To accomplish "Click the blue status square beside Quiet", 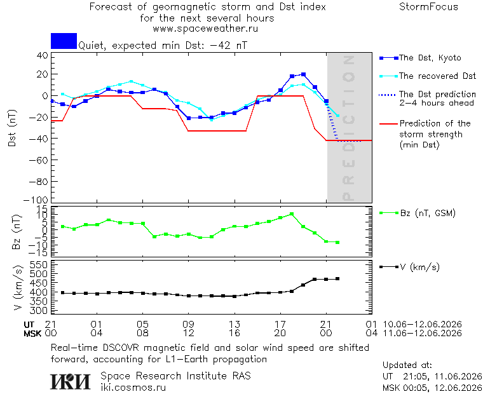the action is [64, 41].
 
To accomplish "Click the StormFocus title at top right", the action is [428, 7].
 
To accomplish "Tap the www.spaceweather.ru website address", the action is [205, 29].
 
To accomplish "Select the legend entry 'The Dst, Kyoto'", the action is [421, 58].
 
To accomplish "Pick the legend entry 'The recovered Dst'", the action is [428, 76].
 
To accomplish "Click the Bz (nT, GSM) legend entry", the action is [418, 213].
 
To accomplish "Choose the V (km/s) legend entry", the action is [409, 267].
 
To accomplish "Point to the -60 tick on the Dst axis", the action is [39, 160].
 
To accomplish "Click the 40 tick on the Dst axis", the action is [42, 56].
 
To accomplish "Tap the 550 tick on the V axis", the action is [39, 265].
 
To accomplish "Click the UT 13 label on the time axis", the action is [235, 324].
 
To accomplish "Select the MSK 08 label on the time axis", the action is [142, 333].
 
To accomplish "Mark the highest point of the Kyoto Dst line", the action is [303, 74].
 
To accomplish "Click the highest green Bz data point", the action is [292, 214].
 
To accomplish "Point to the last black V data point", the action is [337, 279].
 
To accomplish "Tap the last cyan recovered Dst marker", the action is [338, 116].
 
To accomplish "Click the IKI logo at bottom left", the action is [71, 381].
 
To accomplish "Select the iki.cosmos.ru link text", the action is [133, 388].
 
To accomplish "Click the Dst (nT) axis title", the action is [12, 128].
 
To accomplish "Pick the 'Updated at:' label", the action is [407, 365].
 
